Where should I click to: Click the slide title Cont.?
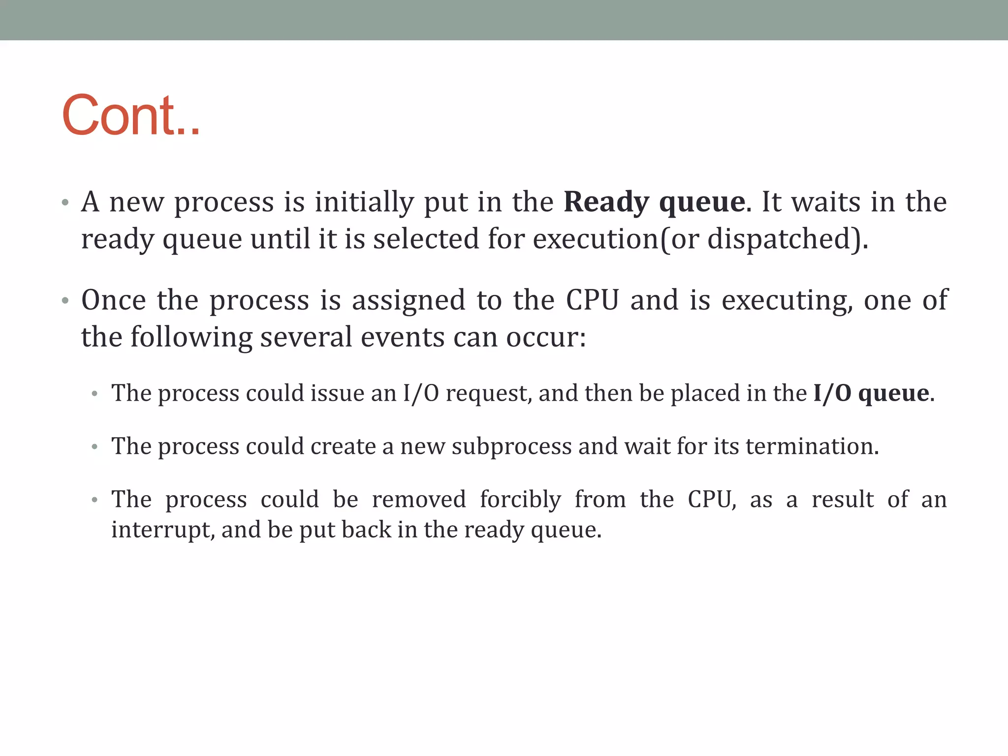[x=131, y=115]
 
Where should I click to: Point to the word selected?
[x=426, y=239]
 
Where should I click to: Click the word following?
[x=191, y=337]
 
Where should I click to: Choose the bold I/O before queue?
[x=832, y=393]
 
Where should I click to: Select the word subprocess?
[x=512, y=446]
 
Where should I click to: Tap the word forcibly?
[x=520, y=500]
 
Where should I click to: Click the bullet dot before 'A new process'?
[x=65, y=203]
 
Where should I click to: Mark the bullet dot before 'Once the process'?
[x=65, y=301]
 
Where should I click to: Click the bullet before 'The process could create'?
[x=95, y=447]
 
